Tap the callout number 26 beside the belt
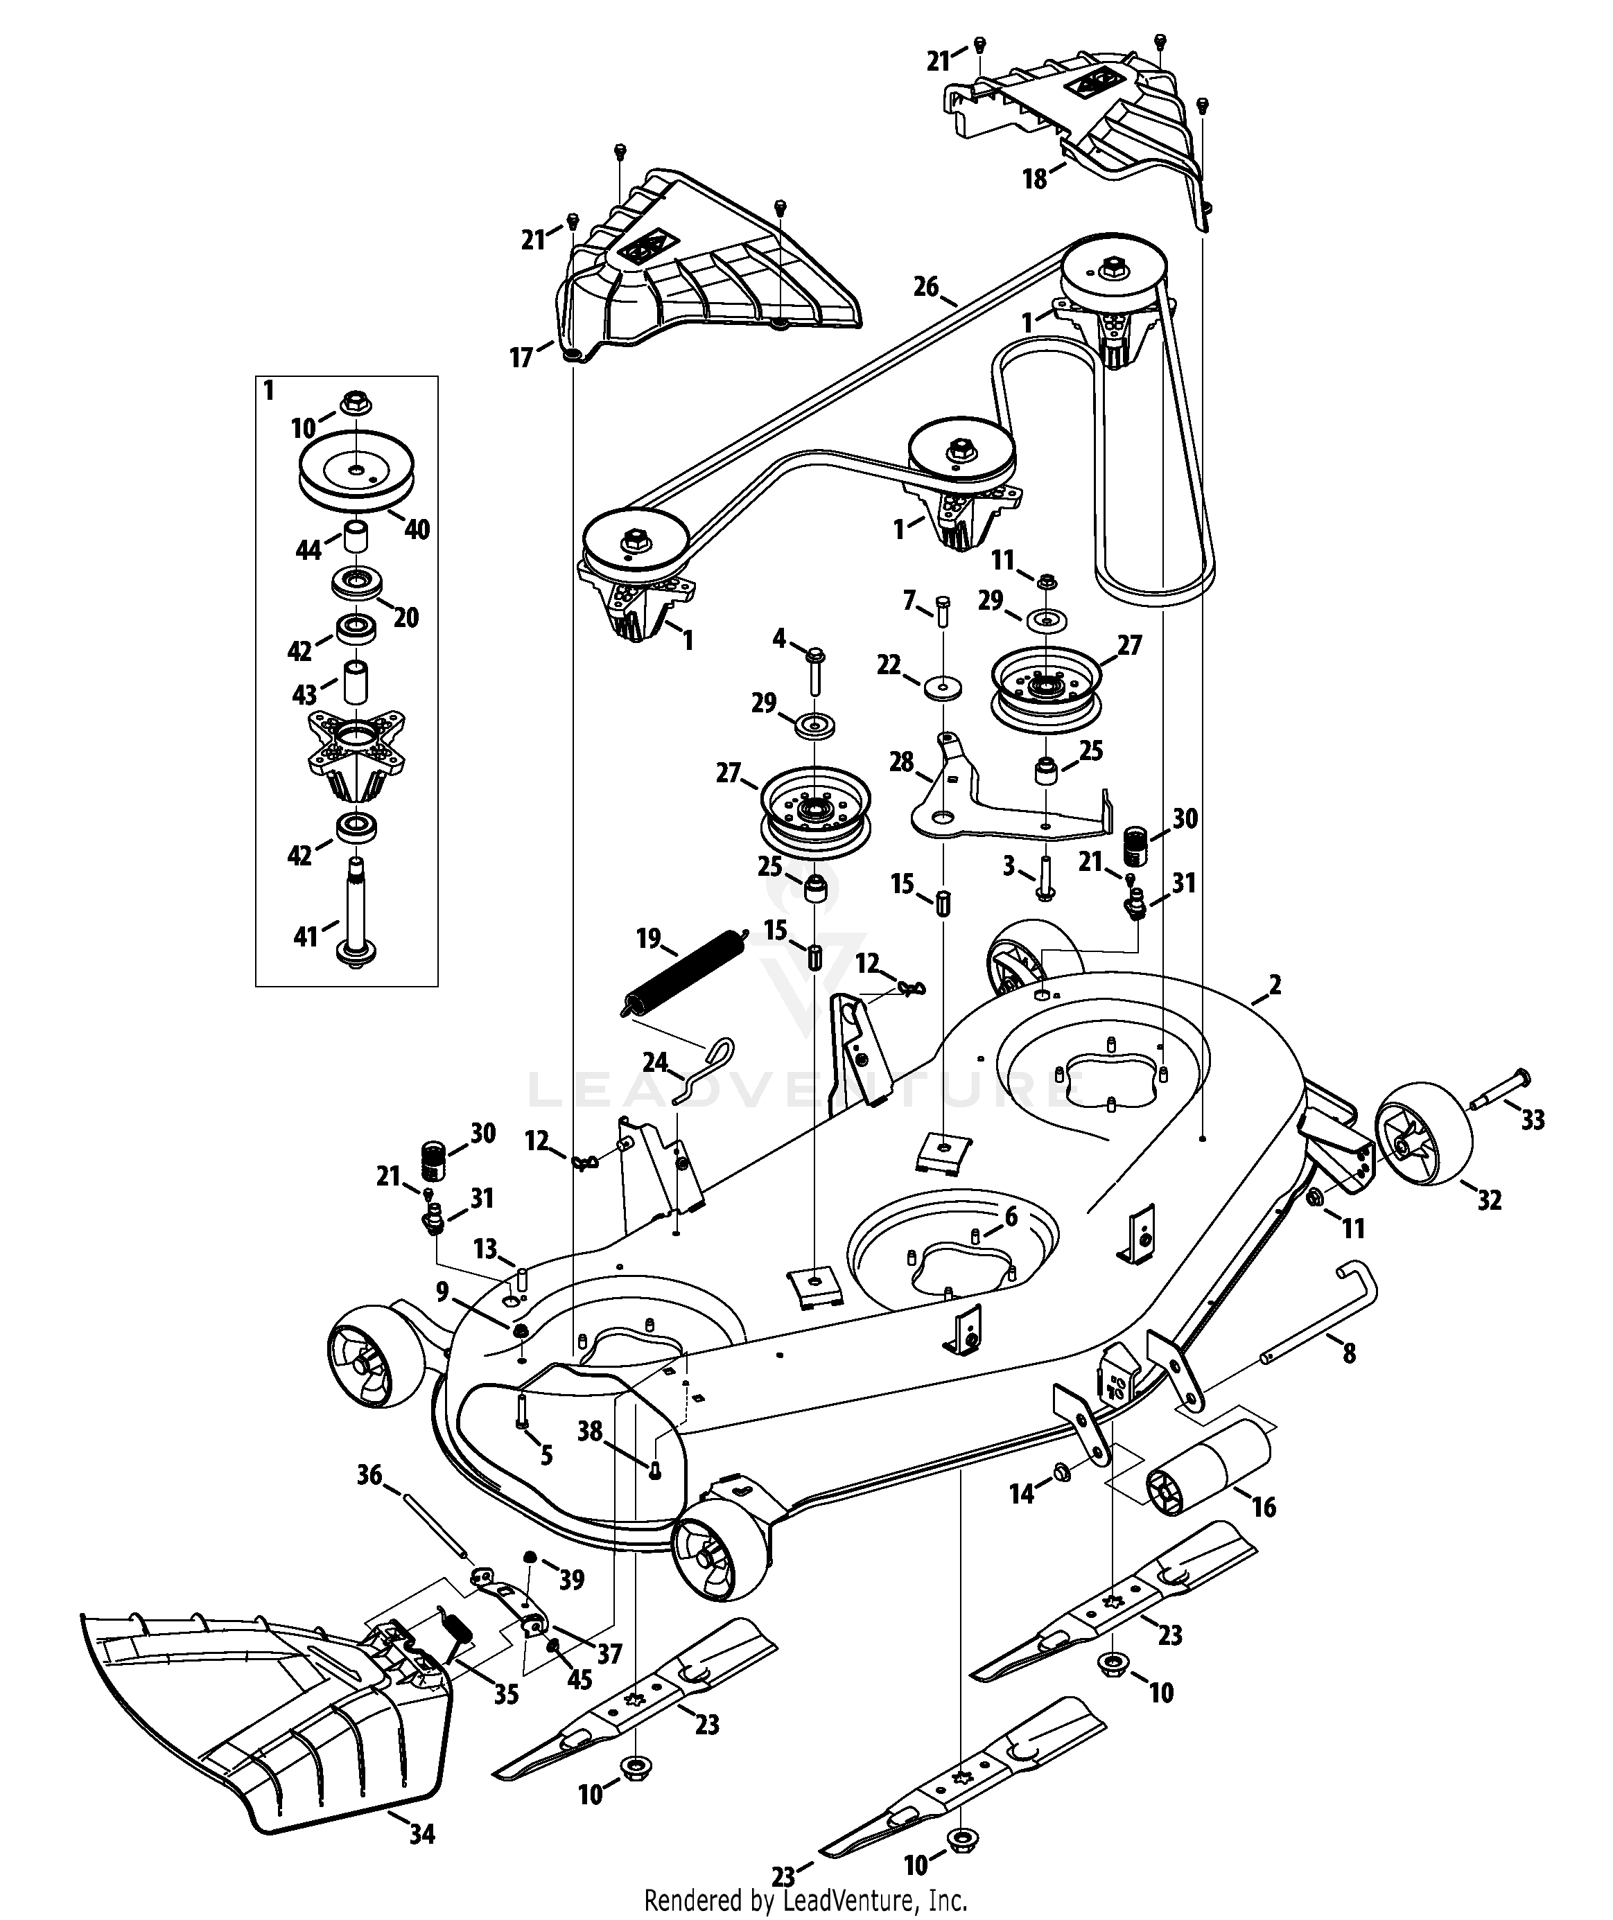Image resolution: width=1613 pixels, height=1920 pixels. (x=926, y=287)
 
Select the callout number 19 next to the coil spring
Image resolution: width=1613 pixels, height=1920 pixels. (x=648, y=938)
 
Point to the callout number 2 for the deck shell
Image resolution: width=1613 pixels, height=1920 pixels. (x=1275, y=985)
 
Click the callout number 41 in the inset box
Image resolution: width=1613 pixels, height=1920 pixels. (x=306, y=935)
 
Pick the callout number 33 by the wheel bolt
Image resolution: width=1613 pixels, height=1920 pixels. (x=1533, y=1118)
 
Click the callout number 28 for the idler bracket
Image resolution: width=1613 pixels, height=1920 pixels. (x=902, y=761)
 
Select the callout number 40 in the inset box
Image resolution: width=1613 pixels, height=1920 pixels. (x=417, y=529)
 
